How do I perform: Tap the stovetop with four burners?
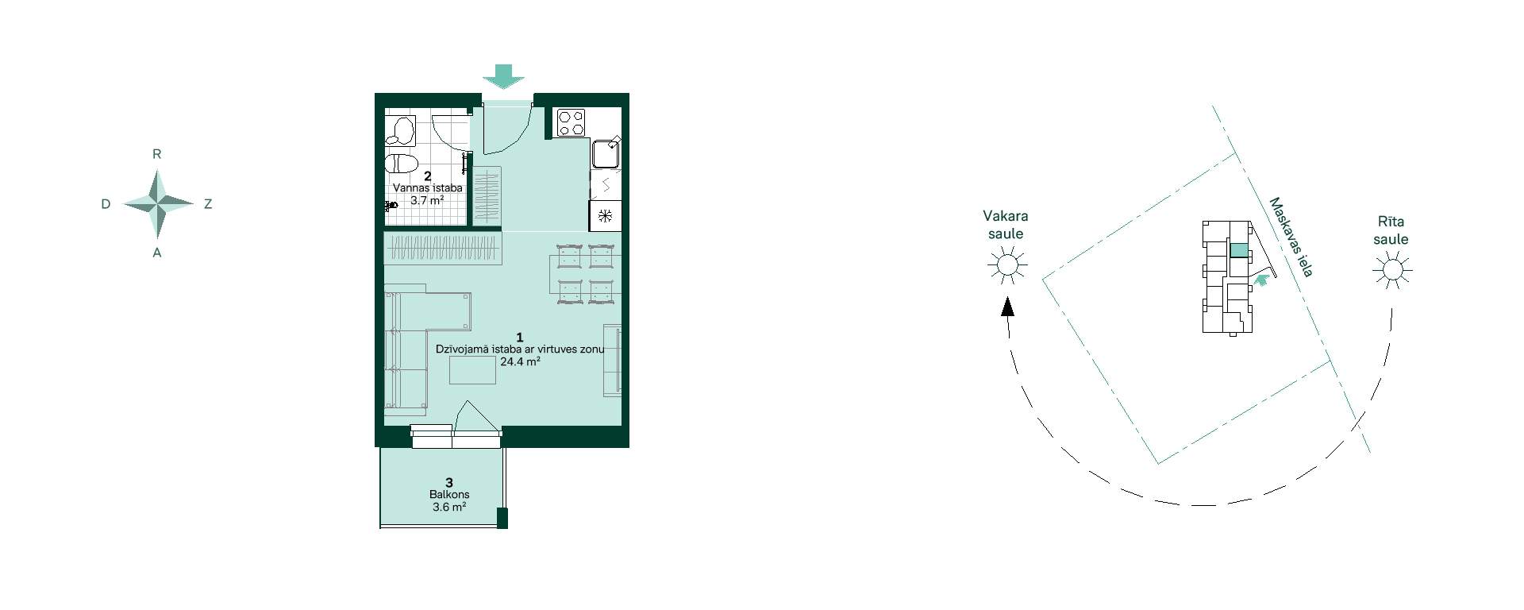pyautogui.click(x=571, y=122)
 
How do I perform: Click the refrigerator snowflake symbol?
pyautogui.click(x=604, y=215)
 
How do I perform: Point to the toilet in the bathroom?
pyautogui.click(x=401, y=164)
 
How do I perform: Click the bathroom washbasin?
pyautogui.click(x=402, y=130)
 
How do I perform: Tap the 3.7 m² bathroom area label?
pyautogui.click(x=427, y=200)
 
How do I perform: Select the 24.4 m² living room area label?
pyautogui.click(x=520, y=361)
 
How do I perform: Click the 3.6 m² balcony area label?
pyautogui.click(x=449, y=507)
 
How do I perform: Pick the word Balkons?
pyautogui.click(x=449, y=494)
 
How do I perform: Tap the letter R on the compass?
pyautogui.click(x=157, y=155)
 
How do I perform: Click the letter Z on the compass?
pyautogui.click(x=208, y=204)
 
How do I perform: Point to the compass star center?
pyautogui.click(x=158, y=203)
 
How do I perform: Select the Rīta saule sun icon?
pyautogui.click(x=1392, y=270)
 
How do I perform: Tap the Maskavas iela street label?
pyautogui.click(x=1291, y=237)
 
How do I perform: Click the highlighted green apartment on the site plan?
pyautogui.click(x=1238, y=250)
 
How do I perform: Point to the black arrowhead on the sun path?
pyautogui.click(x=1007, y=307)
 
